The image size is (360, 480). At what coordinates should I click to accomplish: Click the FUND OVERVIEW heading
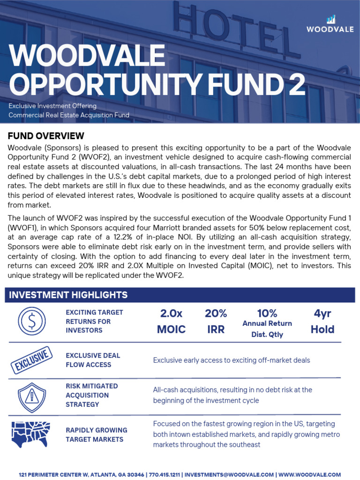pos(46,136)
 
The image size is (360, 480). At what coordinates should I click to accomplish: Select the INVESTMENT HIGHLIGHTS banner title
pos(68,295)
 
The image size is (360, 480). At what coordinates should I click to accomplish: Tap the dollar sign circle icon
pos(31,321)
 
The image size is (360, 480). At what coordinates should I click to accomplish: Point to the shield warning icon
pos(31,395)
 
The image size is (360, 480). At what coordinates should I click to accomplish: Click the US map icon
pos(30,434)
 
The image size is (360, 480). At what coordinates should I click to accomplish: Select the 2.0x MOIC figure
pos(171,321)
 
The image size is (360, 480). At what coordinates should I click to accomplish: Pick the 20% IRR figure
pos(216,321)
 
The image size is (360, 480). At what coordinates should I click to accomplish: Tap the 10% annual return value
pos(267,313)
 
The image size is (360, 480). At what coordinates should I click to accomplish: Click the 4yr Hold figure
pos(322,321)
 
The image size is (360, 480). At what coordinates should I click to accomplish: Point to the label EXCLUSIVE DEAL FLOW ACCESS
pos(93,360)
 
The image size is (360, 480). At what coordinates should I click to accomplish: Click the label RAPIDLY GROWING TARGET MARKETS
pos(96,435)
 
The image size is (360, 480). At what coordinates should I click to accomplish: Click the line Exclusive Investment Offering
pos(52,106)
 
